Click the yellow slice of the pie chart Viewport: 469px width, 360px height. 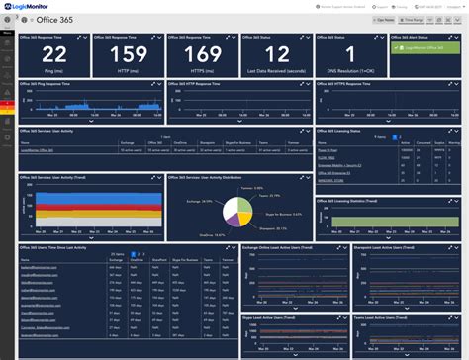click(244, 199)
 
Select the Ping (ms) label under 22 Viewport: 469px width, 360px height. click(54, 73)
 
